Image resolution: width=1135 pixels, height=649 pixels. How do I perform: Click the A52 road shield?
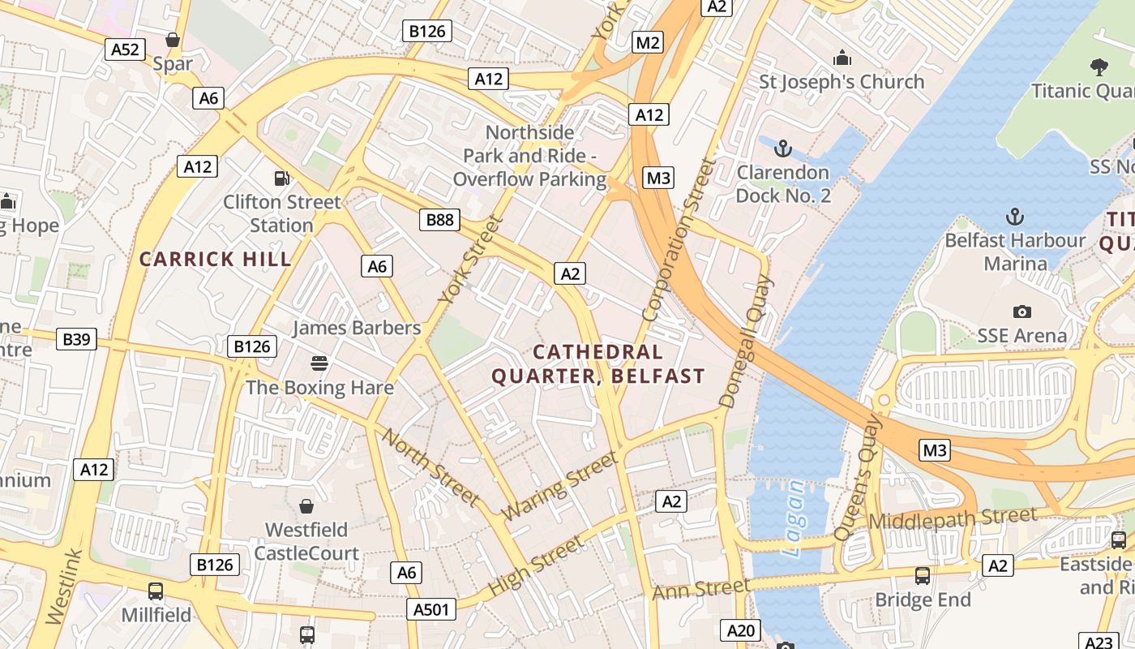coord(125,49)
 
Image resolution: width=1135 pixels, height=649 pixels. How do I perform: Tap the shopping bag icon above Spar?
coord(172,39)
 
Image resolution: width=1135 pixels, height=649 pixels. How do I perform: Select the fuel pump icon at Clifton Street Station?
coord(281,178)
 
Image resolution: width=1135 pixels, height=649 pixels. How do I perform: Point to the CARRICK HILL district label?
coord(215,259)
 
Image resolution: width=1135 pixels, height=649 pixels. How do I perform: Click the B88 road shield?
coord(440,219)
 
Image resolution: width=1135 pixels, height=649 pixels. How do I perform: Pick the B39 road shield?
coord(77,339)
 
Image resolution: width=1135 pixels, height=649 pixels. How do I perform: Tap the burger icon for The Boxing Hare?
coord(319,363)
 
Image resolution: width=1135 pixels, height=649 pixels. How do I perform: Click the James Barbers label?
coord(357,328)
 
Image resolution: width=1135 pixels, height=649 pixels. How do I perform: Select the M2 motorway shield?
coord(648,43)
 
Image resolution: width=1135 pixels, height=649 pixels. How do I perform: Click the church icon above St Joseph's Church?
coord(842,58)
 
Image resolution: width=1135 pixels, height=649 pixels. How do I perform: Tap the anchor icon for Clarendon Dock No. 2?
coord(782,148)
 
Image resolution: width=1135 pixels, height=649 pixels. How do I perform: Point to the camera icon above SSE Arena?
coord(1021,312)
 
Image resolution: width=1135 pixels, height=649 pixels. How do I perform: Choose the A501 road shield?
coord(430,609)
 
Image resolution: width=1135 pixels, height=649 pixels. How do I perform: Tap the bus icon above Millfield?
coord(156,591)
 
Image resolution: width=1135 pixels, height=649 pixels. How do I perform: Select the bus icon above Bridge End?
coord(923,576)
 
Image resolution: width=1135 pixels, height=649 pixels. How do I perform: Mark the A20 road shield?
coord(741,630)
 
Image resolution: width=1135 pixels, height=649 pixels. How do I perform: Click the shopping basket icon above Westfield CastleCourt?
coord(306,506)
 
